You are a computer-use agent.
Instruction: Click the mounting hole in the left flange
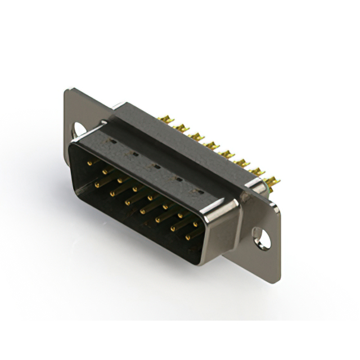tap(79, 129)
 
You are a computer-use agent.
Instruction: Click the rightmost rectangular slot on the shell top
tap(197, 191)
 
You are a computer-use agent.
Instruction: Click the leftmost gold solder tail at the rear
tap(167, 120)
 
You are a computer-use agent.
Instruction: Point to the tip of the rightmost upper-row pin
tap(195, 224)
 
